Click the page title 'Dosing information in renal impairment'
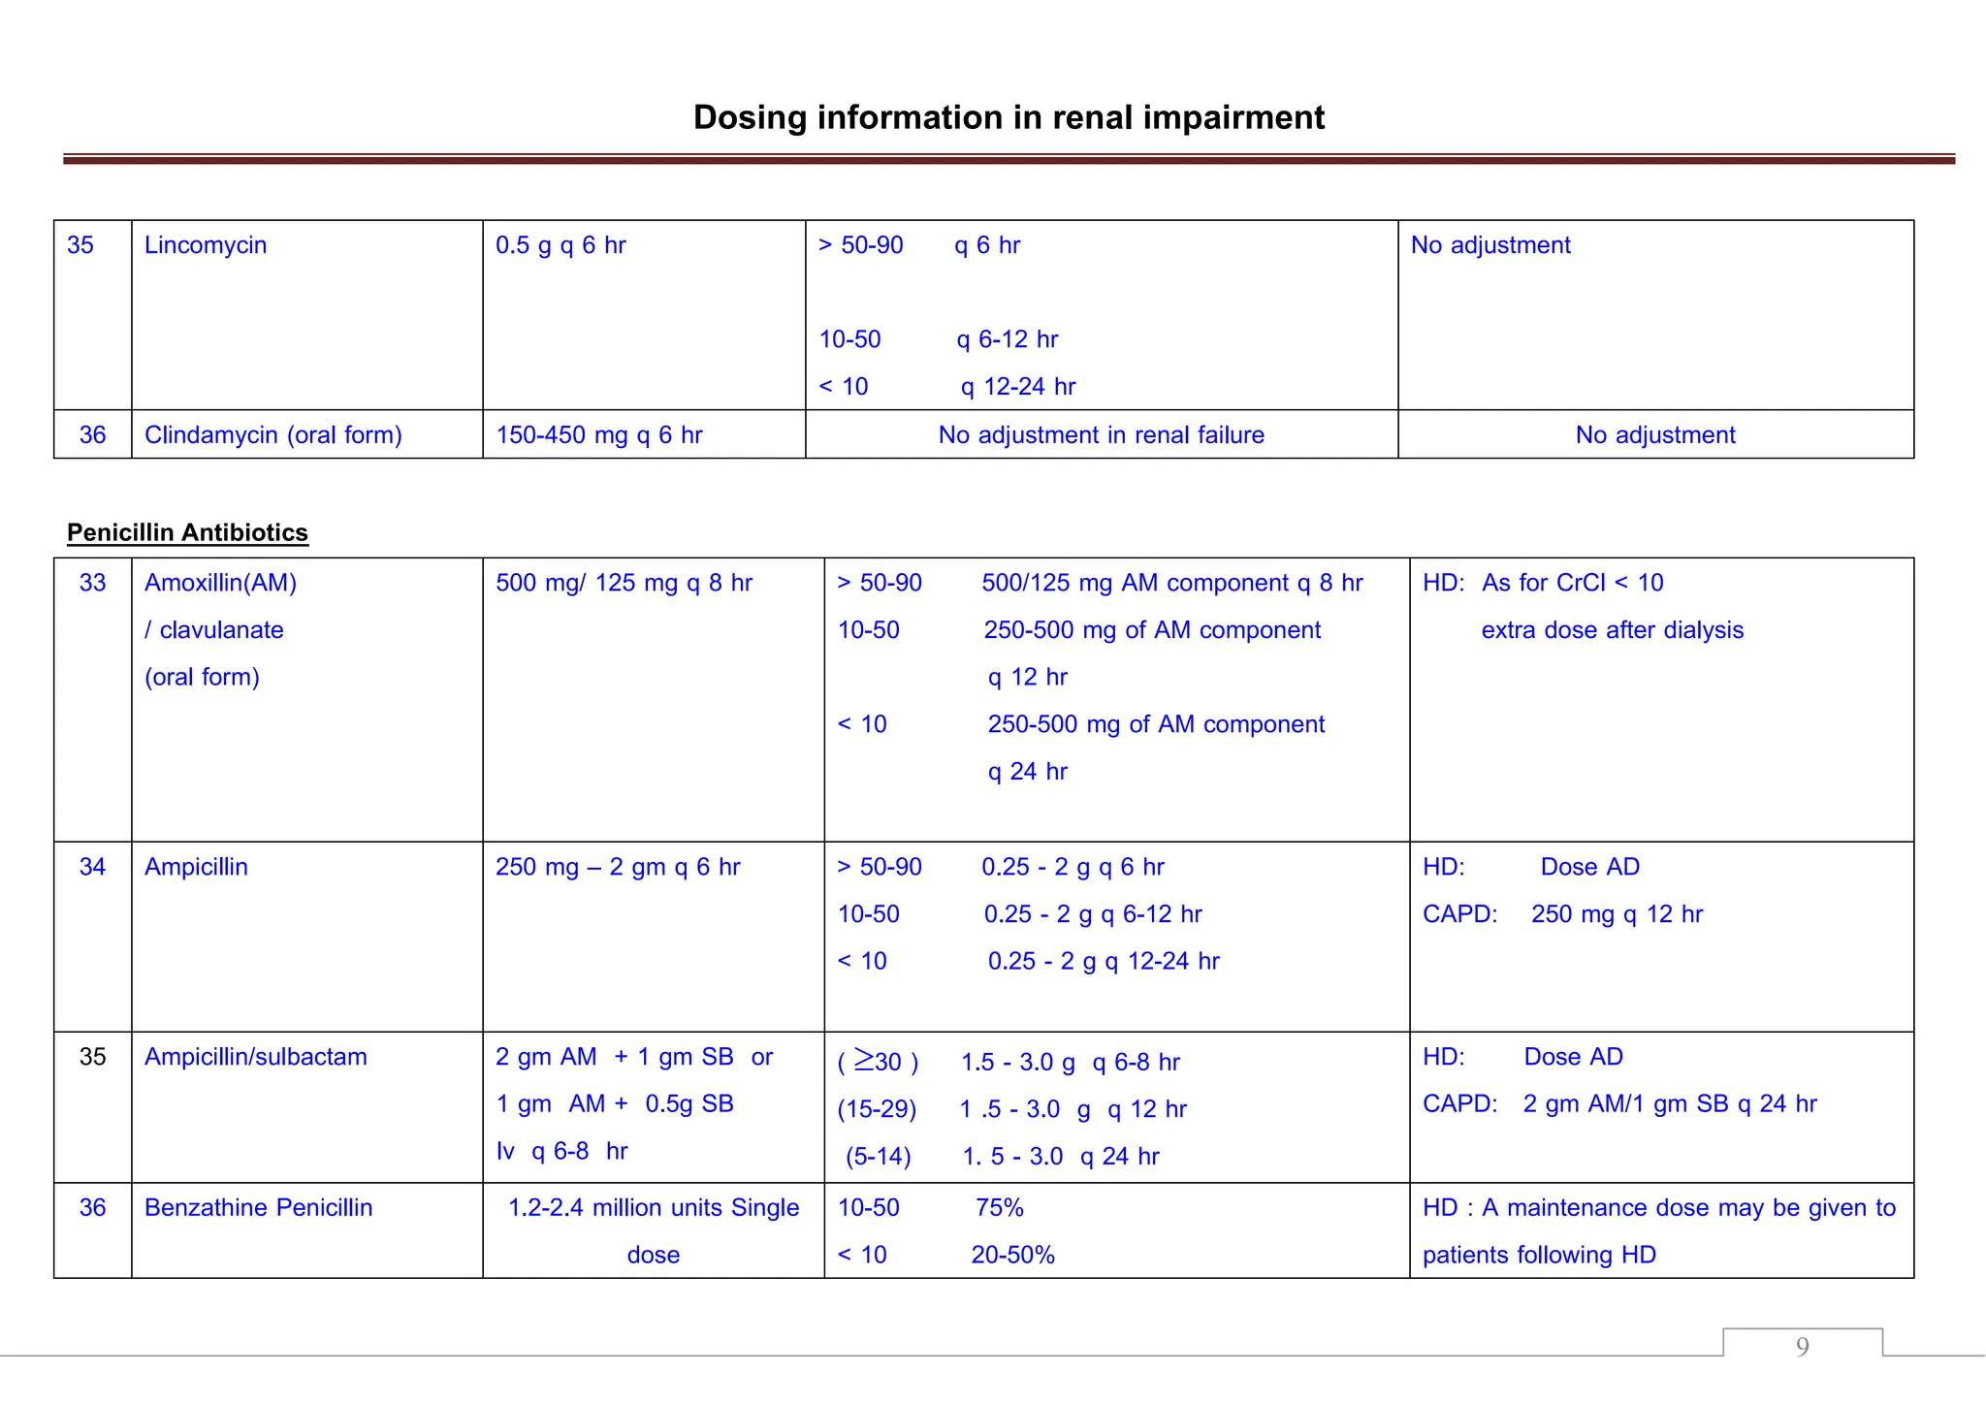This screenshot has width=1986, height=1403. tap(1008, 117)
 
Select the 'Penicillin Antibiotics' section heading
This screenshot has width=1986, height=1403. tap(187, 532)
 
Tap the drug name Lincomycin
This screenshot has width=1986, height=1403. tap(205, 245)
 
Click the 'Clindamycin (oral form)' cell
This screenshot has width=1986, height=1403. tap(272, 435)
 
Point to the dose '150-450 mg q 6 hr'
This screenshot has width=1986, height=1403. tap(598, 435)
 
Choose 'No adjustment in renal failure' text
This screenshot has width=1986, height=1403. tap(1101, 435)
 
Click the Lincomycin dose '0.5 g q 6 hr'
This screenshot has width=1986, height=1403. tap(561, 245)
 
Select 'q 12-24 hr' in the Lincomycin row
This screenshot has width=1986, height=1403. tap(1017, 387)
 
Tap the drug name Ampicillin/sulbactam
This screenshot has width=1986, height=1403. tap(255, 1057)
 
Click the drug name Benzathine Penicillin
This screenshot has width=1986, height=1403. tap(258, 1208)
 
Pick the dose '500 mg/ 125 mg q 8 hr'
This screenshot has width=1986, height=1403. tap(624, 583)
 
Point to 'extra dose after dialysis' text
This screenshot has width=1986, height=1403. tap(1612, 630)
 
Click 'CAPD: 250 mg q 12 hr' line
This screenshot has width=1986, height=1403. tap(1562, 914)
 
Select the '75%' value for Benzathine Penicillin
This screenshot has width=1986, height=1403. tap(999, 1208)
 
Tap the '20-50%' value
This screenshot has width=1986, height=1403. tap(1012, 1255)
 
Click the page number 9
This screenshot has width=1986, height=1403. tap(1802, 1346)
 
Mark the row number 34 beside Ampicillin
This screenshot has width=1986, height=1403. tap(92, 867)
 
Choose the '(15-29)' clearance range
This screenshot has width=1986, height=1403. tap(877, 1109)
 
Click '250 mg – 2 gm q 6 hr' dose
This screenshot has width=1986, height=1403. tap(617, 867)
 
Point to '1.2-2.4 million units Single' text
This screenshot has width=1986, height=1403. tap(654, 1208)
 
